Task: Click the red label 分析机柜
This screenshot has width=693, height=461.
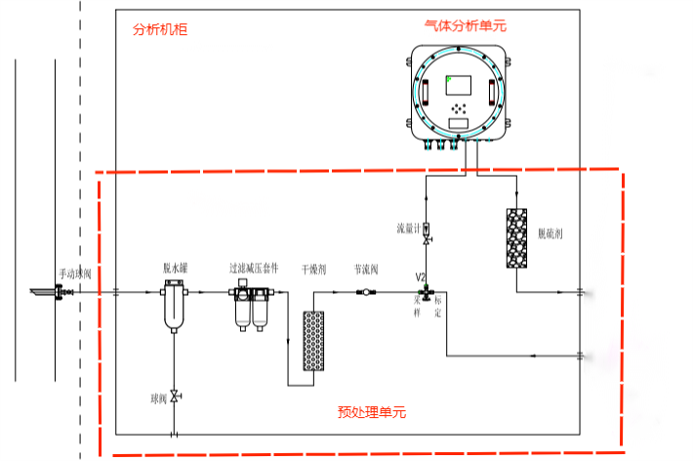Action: pos(159,30)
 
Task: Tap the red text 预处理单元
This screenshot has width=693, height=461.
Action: pos(372,412)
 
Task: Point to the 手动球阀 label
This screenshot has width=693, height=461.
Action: pos(75,273)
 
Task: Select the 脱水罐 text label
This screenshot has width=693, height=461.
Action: pos(175,267)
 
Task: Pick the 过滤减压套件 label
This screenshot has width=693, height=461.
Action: pos(254,267)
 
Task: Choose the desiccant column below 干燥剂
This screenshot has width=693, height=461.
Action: pos(313,339)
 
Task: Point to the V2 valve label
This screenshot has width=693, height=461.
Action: pos(422,277)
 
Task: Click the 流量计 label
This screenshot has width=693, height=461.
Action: pos(407,229)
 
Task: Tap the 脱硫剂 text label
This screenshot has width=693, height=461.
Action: pos(551,234)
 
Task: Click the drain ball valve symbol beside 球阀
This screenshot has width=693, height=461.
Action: pos(175,396)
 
